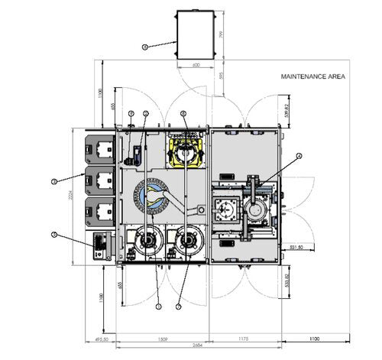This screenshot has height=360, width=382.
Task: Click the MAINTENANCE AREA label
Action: tap(312, 77)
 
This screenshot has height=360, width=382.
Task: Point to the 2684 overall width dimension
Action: tap(197, 346)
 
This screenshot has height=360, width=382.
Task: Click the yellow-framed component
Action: tap(186, 151)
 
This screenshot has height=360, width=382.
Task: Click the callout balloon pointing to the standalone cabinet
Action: tap(145, 47)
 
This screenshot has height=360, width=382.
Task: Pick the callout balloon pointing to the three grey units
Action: tap(54, 181)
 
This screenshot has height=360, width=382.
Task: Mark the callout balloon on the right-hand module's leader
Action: tap(299, 156)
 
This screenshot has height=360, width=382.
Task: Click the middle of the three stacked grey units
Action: tap(100, 181)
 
